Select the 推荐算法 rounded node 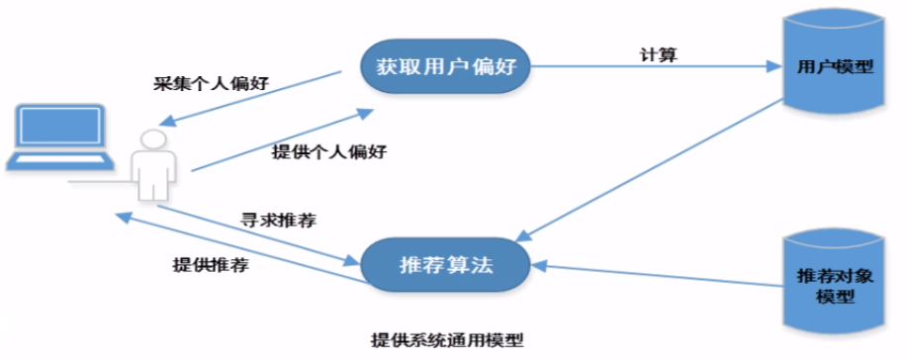tap(445, 265)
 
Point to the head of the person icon tap(150, 139)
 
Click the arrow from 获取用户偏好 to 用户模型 tap(653, 67)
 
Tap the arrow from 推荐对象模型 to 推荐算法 tap(653, 276)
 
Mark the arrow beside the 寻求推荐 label tap(257, 235)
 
